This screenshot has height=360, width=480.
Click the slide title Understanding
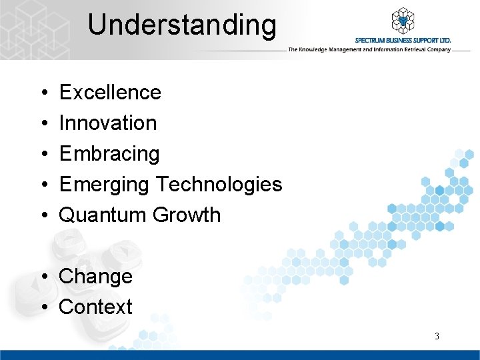pos(181,25)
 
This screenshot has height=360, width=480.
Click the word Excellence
pos(110,92)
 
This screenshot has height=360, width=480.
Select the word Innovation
pos(108,123)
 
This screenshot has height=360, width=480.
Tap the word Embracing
pos(109,154)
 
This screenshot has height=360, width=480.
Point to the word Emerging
pos(105,185)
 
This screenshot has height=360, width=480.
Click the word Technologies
pos(219,184)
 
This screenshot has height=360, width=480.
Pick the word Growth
pos(187,215)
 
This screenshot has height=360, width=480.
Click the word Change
pos(96,277)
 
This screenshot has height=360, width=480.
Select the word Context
pos(96,307)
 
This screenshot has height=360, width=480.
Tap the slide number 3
pos(437,336)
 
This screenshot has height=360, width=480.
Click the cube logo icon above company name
pos(403,21)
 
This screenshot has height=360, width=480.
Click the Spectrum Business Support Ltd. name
pos(403,41)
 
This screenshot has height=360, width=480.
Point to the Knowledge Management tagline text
pos(369,50)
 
